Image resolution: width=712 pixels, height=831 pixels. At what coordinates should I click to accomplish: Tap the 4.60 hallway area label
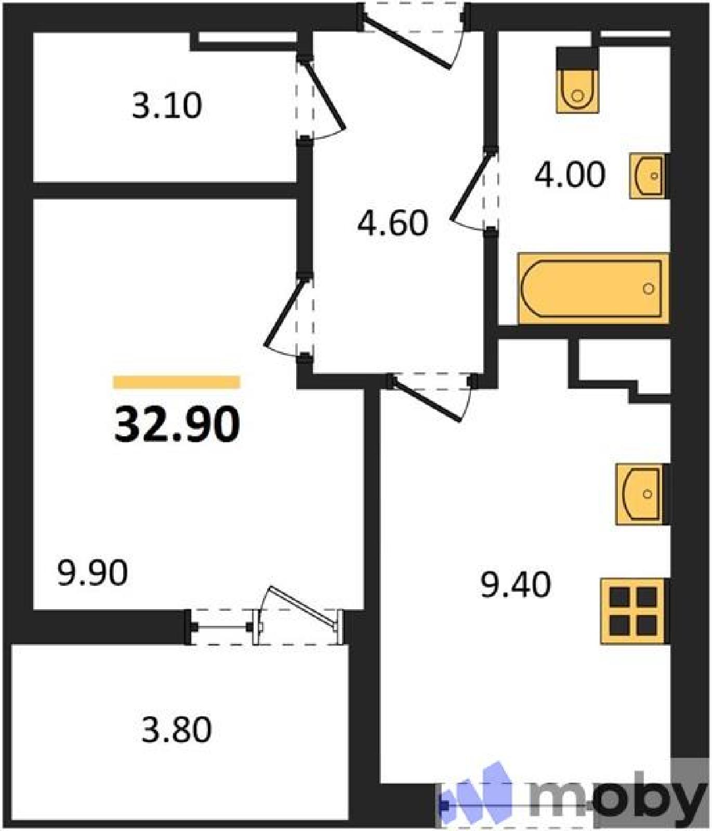coord(393,223)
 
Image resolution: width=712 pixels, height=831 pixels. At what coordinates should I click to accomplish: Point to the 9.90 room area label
coord(93,573)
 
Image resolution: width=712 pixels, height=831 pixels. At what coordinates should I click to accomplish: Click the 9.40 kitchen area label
coord(516,585)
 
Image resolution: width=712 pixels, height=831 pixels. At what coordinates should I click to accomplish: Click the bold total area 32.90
coord(177,424)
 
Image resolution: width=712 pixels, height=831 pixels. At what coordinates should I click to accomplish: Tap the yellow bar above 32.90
coord(177,382)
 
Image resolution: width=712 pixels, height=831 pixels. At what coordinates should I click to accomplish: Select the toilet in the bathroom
coord(577,81)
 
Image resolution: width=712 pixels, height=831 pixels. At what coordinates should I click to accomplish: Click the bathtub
coord(593,288)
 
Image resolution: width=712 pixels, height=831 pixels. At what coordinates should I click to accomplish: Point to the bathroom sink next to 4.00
coord(648,176)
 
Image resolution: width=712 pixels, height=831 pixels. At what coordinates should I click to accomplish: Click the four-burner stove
coord(634,611)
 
